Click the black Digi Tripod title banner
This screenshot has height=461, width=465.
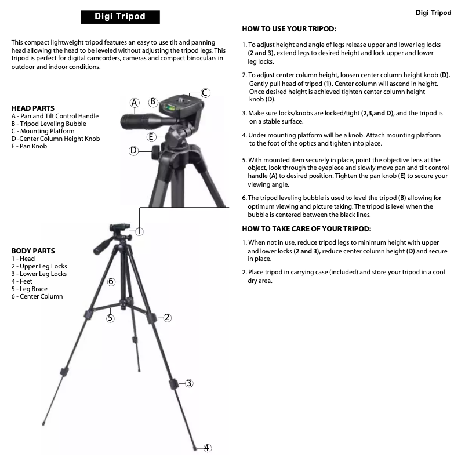click(120, 17)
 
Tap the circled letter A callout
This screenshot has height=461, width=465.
click(135, 103)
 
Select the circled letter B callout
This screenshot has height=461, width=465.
click(152, 101)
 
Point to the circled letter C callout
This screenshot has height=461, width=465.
click(205, 93)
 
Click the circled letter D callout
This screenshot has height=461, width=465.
click(134, 151)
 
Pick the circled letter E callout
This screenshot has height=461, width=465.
click(151, 137)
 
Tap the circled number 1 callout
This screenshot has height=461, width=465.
click(139, 231)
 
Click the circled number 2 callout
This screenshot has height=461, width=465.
click(167, 317)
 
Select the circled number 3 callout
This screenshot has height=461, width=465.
click(189, 383)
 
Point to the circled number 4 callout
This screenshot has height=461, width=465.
click(207, 448)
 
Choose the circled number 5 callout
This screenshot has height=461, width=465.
click(110, 318)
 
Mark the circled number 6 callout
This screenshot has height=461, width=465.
click(111, 281)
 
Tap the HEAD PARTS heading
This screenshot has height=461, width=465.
click(33, 108)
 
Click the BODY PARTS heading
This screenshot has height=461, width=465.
click(33, 251)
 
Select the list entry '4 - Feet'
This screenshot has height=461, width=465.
click(21, 281)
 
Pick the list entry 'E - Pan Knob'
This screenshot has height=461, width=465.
click(29, 146)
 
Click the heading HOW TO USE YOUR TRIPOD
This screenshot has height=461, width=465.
click(289, 29)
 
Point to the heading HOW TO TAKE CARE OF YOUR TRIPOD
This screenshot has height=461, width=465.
click(307, 229)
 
